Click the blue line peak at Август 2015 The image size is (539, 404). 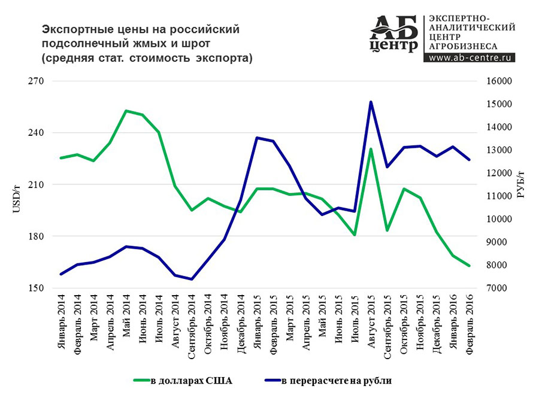pyautogui.click(x=371, y=102)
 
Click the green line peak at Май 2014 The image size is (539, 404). pyautogui.click(x=126, y=111)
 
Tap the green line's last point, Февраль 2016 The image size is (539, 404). pyautogui.click(x=469, y=266)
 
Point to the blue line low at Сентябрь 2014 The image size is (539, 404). pyautogui.click(x=192, y=279)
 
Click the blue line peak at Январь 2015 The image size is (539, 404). pyautogui.click(x=257, y=138)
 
